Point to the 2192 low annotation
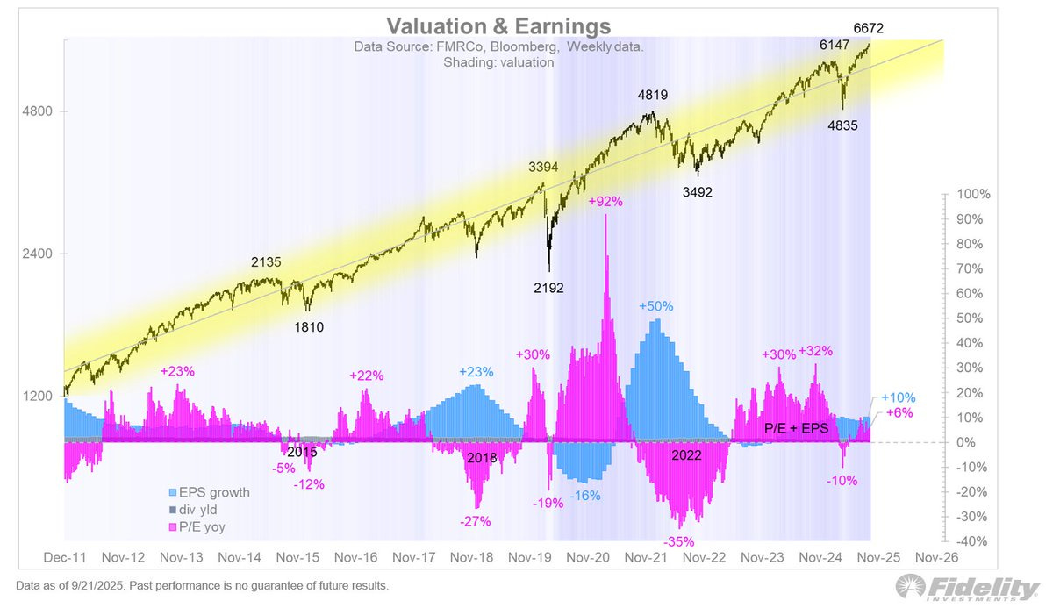tap(550, 287)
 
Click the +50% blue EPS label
tap(655, 306)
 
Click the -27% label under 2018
tap(474, 520)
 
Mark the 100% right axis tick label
tap(975, 194)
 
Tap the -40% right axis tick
tap(975, 540)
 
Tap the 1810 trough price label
tap(310, 328)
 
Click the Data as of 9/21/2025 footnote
tap(201, 585)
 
